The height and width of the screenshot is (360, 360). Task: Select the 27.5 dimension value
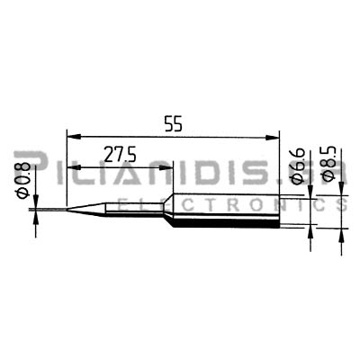[120, 154]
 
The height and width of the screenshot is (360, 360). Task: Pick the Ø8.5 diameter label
[328, 164]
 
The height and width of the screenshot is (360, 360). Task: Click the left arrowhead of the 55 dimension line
[75, 138]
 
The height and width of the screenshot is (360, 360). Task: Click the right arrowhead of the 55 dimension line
[272, 138]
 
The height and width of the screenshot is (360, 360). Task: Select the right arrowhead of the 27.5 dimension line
[166, 167]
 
